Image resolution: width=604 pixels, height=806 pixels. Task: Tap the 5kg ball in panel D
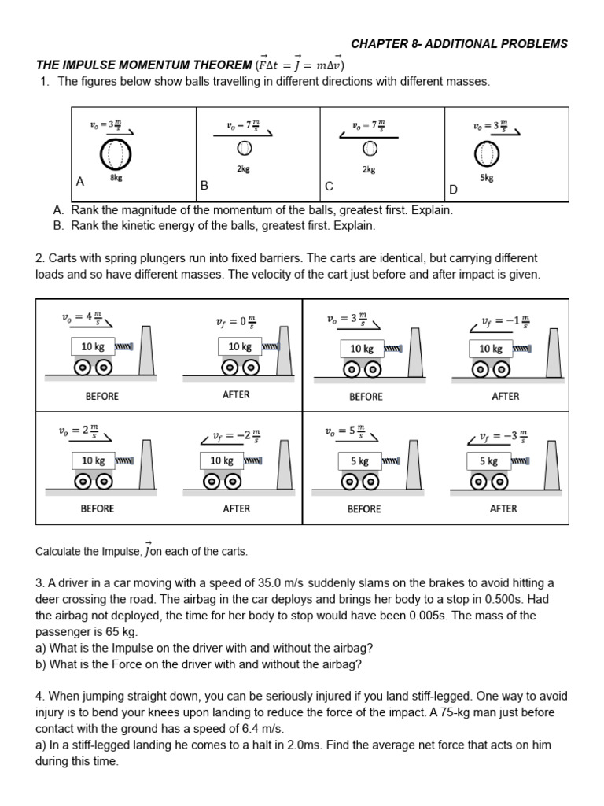488,154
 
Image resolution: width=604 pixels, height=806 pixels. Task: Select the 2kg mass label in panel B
243,169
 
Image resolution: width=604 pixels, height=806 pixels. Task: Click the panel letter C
329,187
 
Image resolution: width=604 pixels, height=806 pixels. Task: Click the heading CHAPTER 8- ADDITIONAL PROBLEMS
459,44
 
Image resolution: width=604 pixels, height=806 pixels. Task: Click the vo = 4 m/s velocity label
86,318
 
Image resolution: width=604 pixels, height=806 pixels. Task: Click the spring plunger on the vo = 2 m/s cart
124,460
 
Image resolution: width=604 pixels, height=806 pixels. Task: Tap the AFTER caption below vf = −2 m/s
236,508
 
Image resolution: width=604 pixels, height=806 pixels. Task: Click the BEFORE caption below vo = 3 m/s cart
365,396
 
